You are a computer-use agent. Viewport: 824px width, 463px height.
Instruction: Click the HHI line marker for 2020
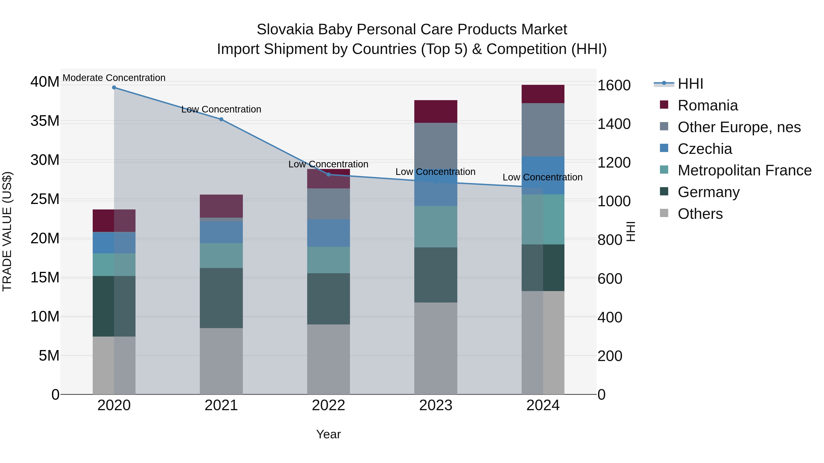pyautogui.click(x=114, y=88)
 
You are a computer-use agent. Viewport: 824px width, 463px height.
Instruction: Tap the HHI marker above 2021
pyautogui.click(x=221, y=120)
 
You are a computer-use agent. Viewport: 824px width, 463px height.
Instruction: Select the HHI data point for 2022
pyautogui.click(x=328, y=174)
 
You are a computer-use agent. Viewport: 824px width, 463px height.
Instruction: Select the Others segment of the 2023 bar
pyautogui.click(x=435, y=348)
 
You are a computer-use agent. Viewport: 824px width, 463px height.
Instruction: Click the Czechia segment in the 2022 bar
pyautogui.click(x=328, y=233)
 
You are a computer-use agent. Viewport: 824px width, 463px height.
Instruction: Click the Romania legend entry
pyautogui.click(x=707, y=105)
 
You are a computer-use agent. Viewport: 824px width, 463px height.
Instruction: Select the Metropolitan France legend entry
pyautogui.click(x=744, y=170)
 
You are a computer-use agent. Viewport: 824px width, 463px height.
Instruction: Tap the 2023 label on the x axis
pyautogui.click(x=435, y=405)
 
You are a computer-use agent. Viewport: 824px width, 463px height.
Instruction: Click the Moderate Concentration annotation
pyautogui.click(x=114, y=78)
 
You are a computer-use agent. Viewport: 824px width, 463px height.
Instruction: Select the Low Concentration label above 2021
pyautogui.click(x=221, y=109)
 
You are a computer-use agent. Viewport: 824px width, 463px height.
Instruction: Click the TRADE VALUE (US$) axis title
pyautogui.click(x=7, y=231)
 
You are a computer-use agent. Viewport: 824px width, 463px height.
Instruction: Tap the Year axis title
pyautogui.click(x=328, y=434)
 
